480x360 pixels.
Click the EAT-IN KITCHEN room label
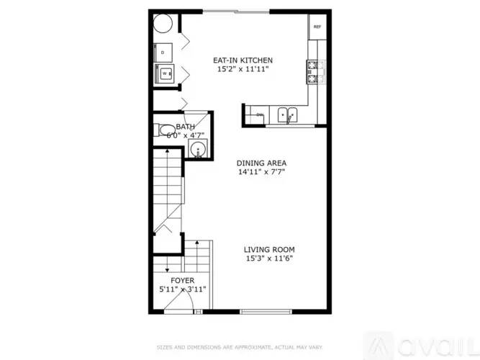point(243,60)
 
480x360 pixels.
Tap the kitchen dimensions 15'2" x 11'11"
point(243,70)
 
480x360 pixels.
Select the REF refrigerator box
point(317,27)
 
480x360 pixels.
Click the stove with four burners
point(314,71)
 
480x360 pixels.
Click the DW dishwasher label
point(260,114)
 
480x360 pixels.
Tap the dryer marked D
point(165,53)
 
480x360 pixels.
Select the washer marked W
point(165,73)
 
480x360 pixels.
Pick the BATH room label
point(185,127)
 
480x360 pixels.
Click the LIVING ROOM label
point(270,249)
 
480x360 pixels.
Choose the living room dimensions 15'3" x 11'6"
point(270,258)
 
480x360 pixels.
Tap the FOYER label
point(182,280)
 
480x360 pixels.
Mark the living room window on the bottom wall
point(267,312)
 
